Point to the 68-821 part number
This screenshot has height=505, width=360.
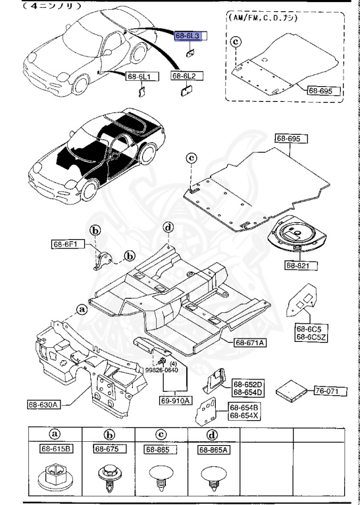[x=299, y=265]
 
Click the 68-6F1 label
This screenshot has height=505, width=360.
[x=66, y=245]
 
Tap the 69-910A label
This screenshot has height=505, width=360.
[x=174, y=400]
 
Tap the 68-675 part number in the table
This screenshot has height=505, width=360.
[x=107, y=449]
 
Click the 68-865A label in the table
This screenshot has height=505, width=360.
[x=213, y=450]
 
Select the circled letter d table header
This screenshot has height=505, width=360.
[x=213, y=434]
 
